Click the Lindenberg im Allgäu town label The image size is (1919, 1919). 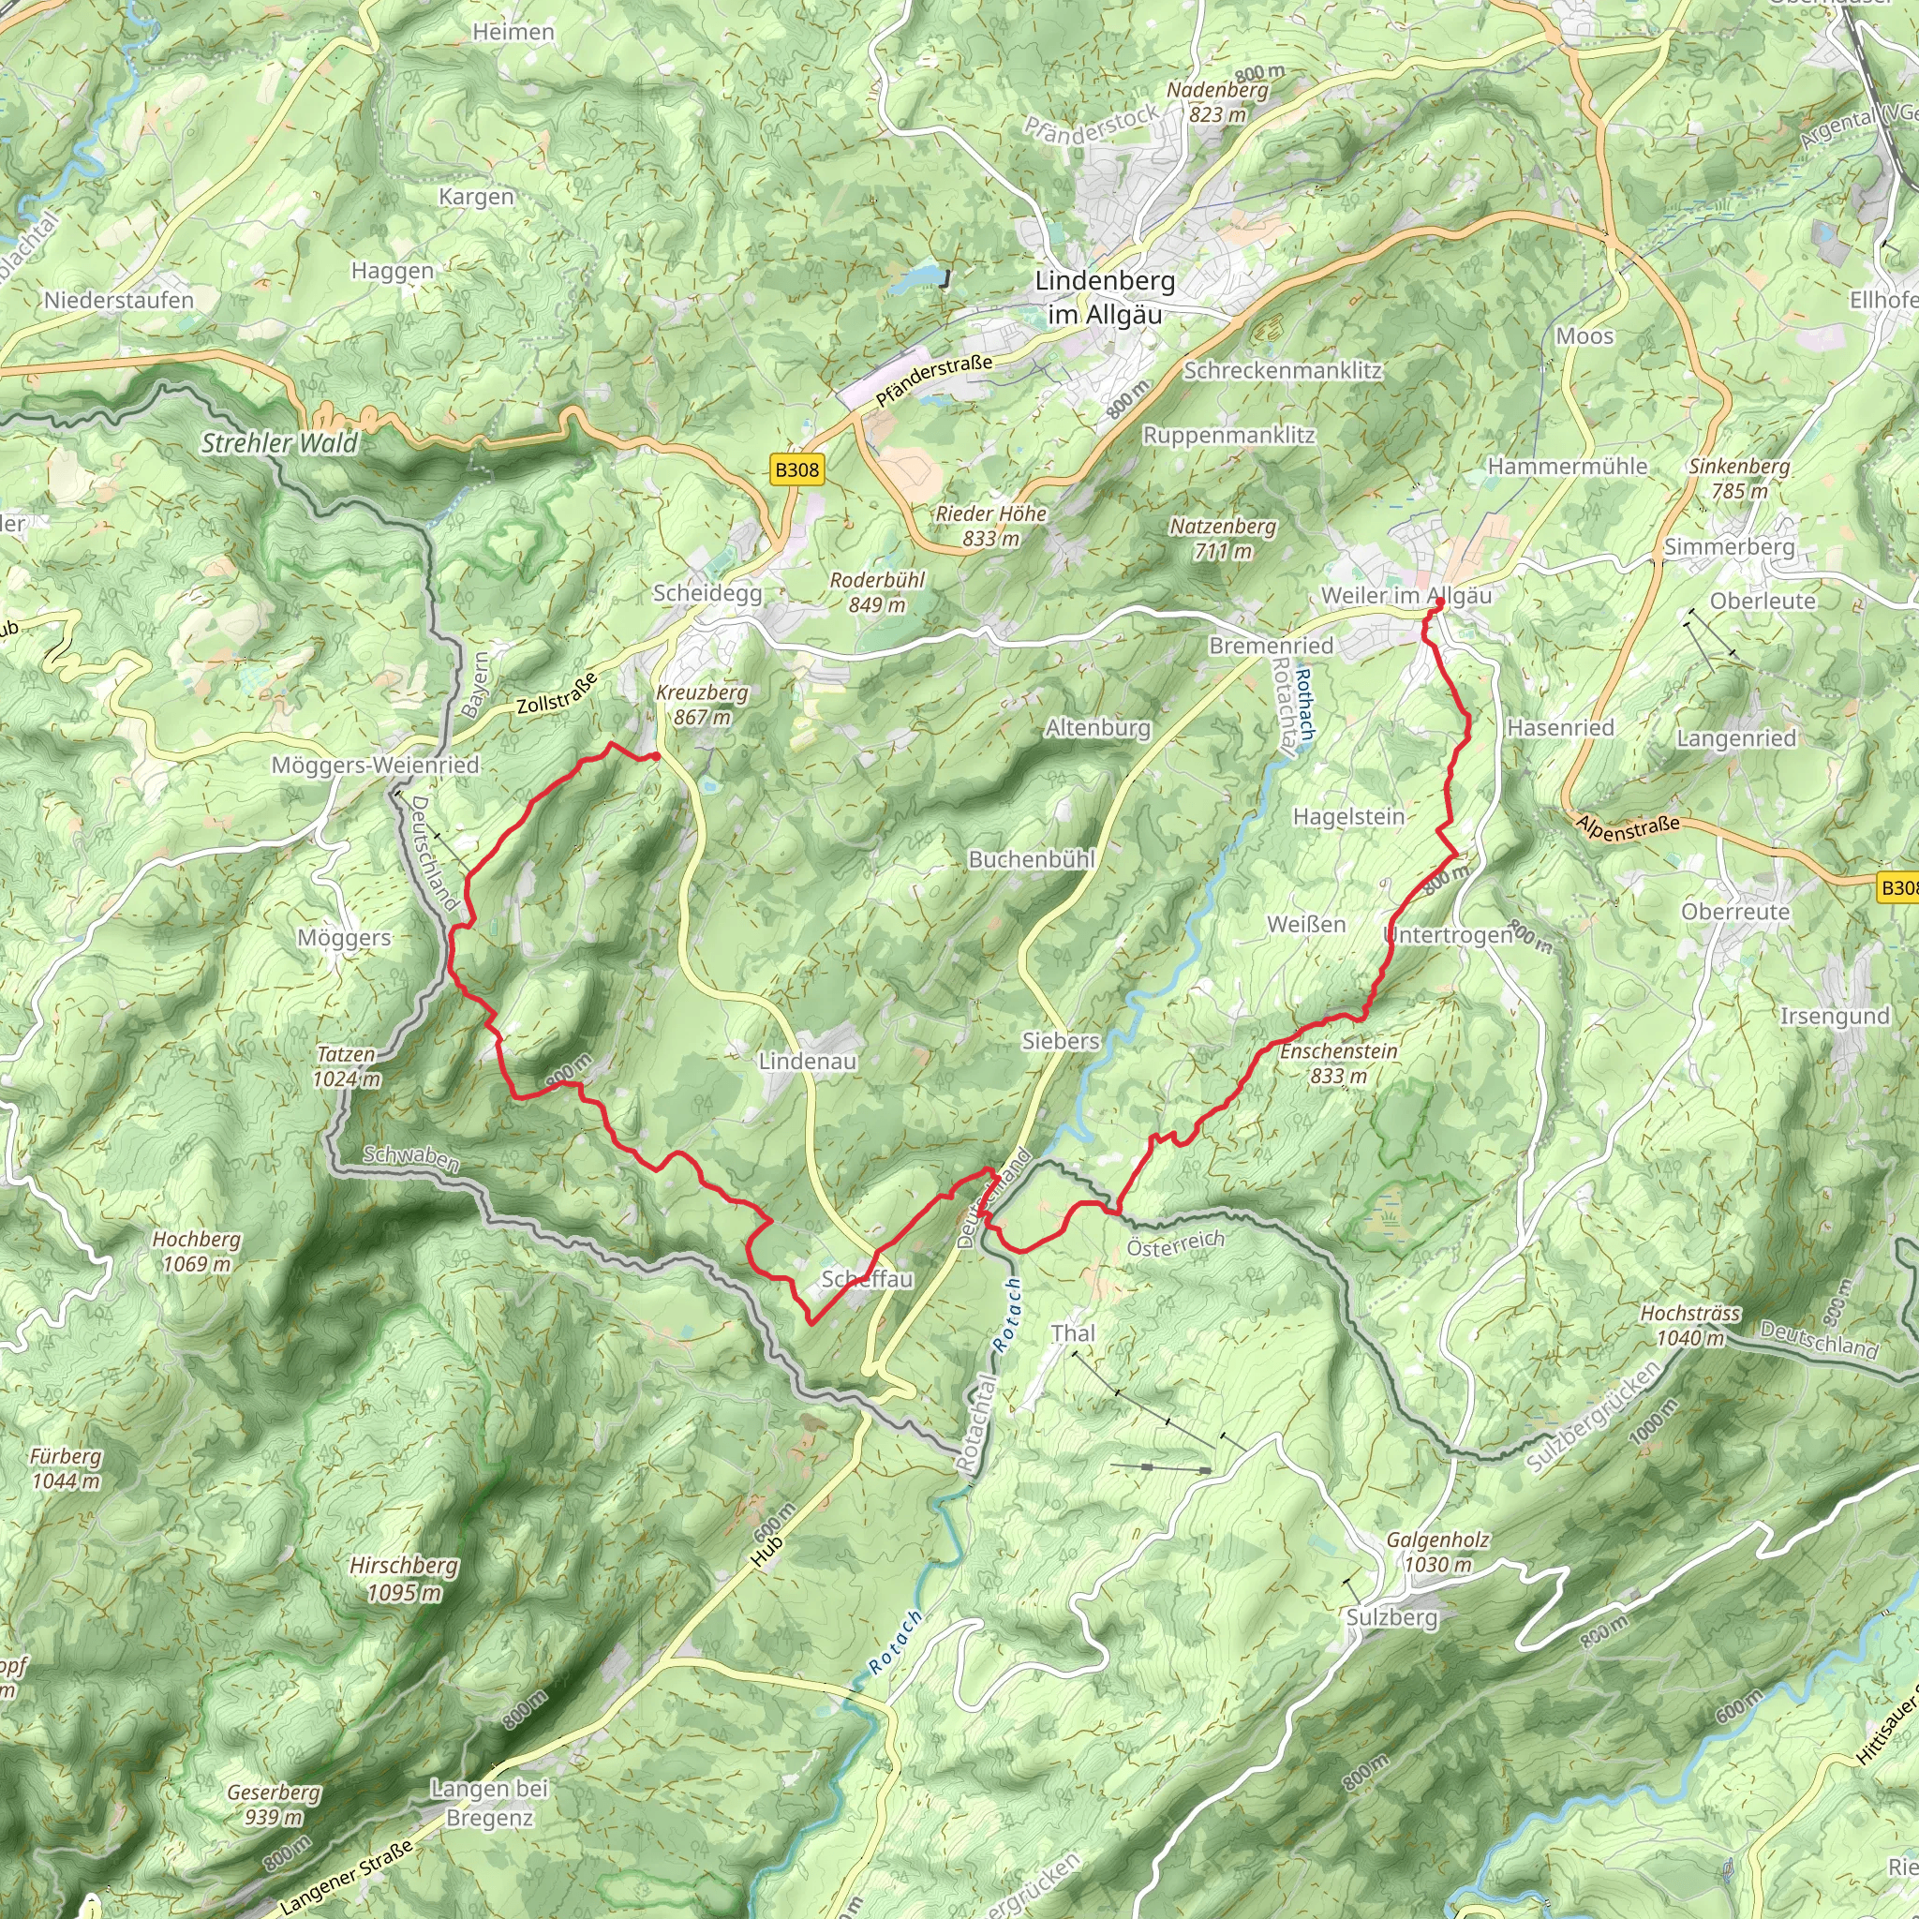click(x=1105, y=297)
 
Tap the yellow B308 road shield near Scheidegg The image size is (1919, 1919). click(x=796, y=469)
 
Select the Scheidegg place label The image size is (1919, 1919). click(x=707, y=593)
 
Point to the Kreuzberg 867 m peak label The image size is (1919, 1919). click(x=702, y=705)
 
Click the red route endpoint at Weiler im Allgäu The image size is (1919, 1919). click(x=1439, y=602)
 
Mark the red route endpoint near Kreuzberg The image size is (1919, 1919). click(x=656, y=757)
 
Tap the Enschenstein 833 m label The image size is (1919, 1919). click(x=1338, y=1063)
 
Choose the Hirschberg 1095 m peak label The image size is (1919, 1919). click(x=404, y=1579)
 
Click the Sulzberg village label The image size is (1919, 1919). click(x=1391, y=1617)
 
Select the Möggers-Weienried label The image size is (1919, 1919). click(x=376, y=765)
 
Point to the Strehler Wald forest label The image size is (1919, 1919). click(x=279, y=443)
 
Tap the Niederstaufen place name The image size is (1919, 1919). click(x=119, y=300)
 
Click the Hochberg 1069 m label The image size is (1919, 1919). click(x=197, y=1252)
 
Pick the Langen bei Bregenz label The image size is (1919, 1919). click(x=489, y=1803)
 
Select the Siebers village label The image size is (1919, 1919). click(x=1061, y=1041)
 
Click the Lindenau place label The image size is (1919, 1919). click(x=808, y=1061)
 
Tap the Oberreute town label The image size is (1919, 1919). click(x=1735, y=912)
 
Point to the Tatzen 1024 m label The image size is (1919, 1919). click(x=347, y=1066)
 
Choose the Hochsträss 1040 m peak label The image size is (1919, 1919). click(x=1689, y=1325)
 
